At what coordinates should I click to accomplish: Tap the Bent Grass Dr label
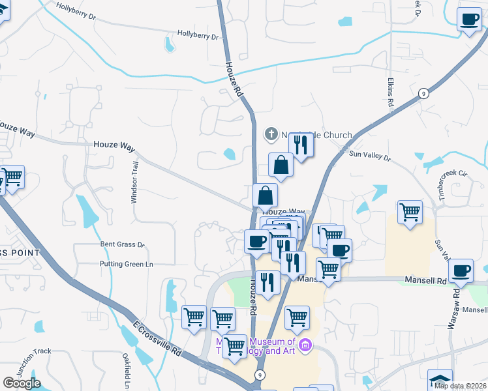pos(122,244)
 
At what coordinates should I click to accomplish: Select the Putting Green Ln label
pos(126,264)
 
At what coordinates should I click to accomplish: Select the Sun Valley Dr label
pos(369,156)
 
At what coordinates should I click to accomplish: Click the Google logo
pos(22,383)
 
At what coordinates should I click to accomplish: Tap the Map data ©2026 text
pos(459,386)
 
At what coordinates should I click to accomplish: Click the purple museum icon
pos(305,344)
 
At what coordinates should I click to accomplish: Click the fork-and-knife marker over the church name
pos(301,143)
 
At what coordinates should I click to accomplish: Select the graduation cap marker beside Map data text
pos(440,379)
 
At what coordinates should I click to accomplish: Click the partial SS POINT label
pos(20,252)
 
